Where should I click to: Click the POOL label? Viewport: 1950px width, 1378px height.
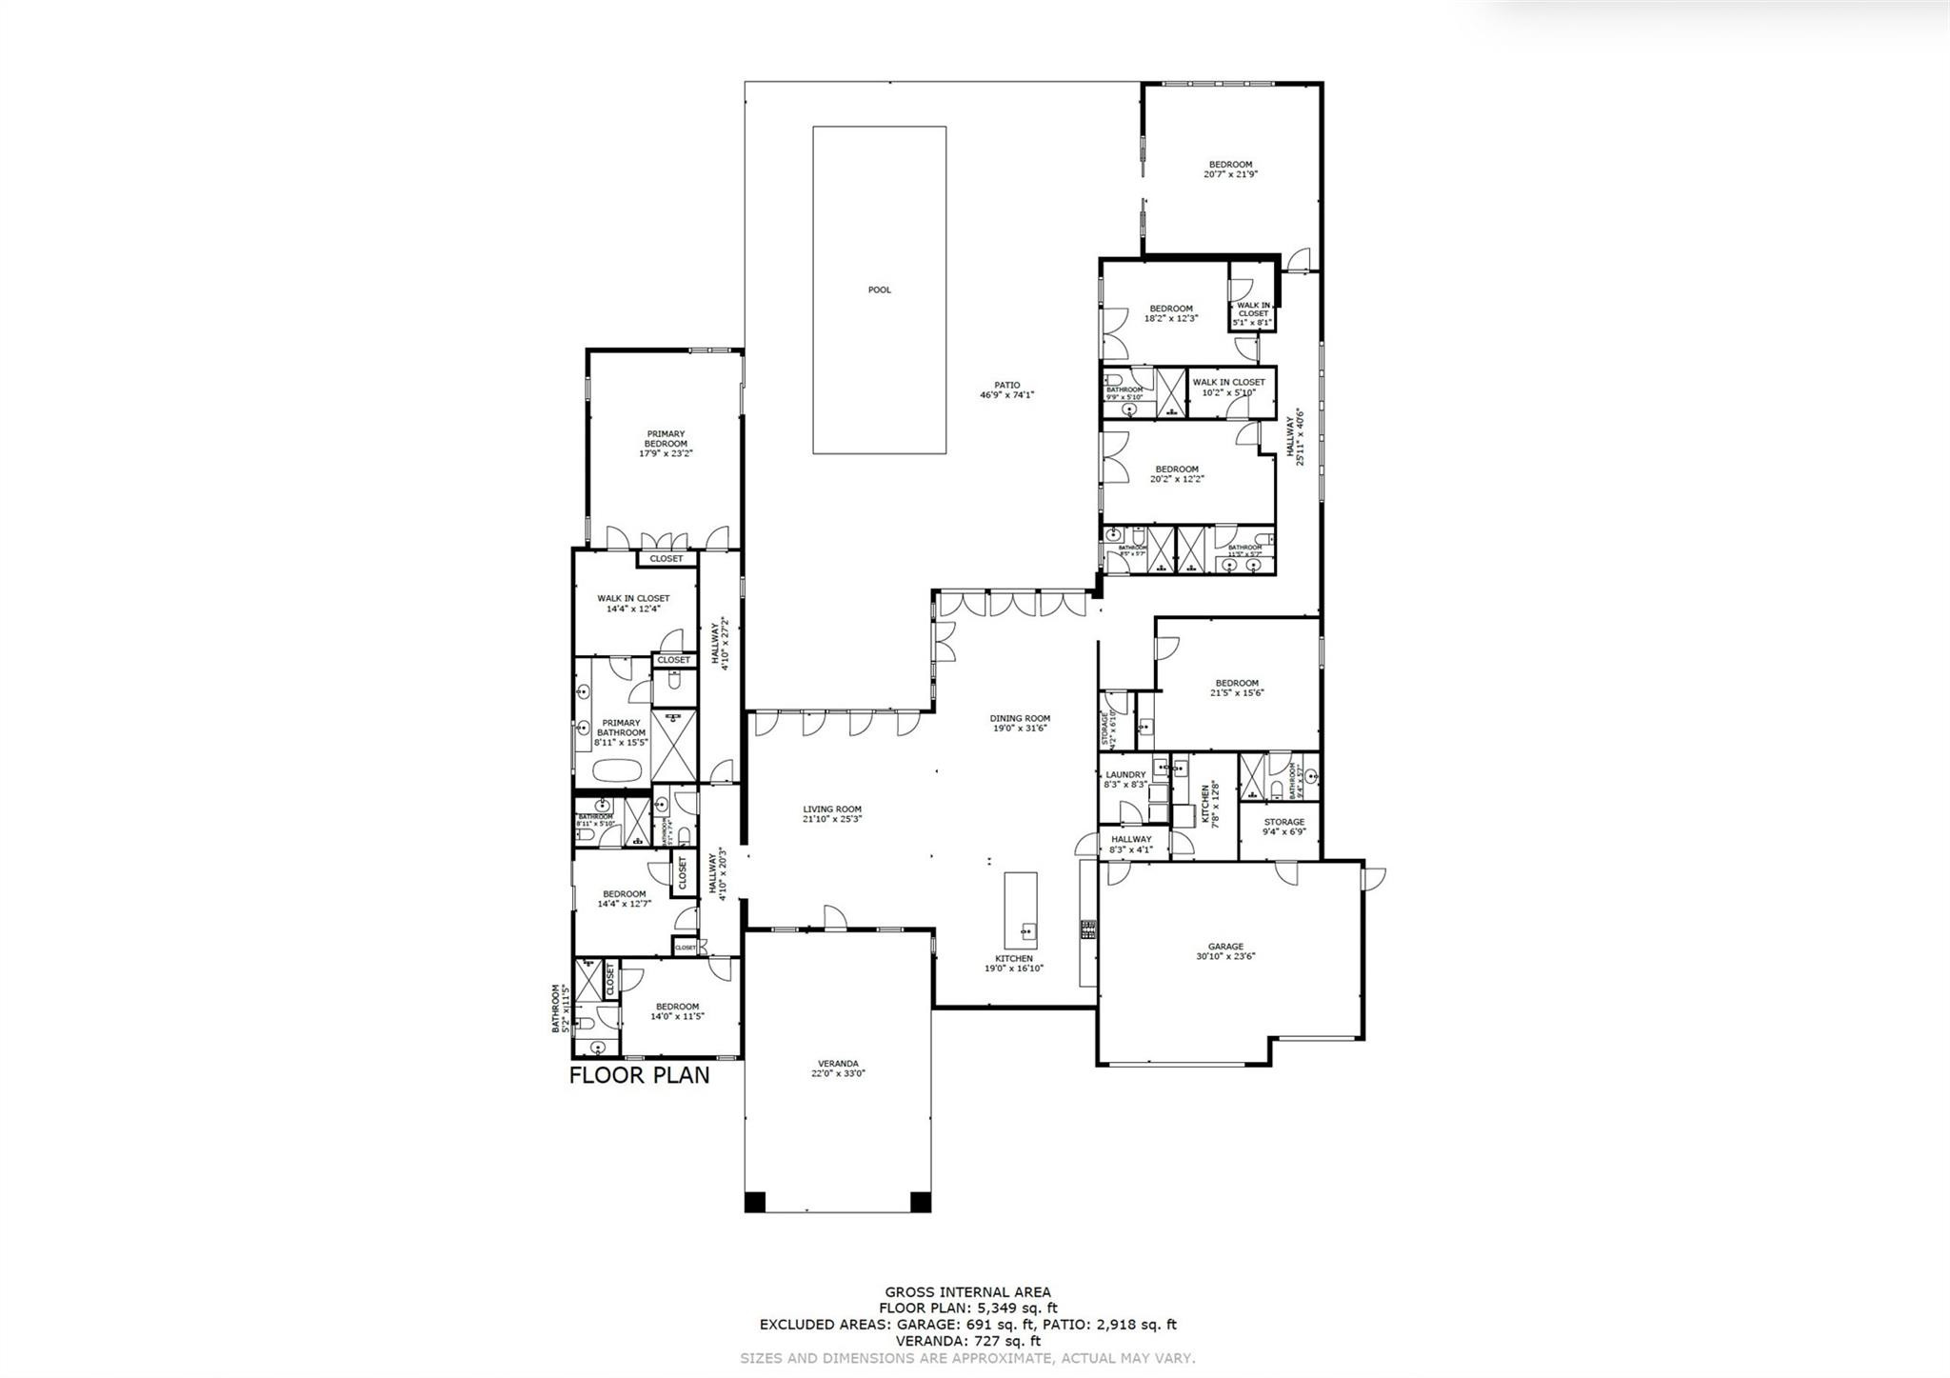click(x=879, y=290)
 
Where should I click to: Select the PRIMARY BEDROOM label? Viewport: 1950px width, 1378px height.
click(x=666, y=444)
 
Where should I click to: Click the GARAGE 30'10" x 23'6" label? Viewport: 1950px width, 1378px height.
click(x=1226, y=951)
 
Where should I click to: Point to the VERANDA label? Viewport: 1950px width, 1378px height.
click(x=838, y=1068)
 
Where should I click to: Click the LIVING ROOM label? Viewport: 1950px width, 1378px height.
click(x=831, y=813)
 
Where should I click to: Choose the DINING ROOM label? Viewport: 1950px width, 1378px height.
click(x=1020, y=723)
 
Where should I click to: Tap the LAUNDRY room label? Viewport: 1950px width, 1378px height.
click(x=1125, y=779)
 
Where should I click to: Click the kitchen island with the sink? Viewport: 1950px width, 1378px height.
click(x=1021, y=906)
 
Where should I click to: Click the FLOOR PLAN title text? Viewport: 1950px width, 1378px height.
click(x=639, y=1075)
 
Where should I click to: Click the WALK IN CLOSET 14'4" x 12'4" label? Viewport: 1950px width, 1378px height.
click(x=633, y=603)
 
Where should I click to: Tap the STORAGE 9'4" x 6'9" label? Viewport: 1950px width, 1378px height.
click(x=1283, y=826)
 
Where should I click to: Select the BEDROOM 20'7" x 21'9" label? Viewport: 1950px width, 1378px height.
click(x=1230, y=169)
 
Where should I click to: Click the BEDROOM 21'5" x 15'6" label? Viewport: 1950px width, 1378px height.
click(x=1236, y=688)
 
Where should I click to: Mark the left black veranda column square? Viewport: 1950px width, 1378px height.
click(x=753, y=1202)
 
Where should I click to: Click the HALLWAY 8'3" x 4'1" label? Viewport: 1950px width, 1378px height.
click(x=1131, y=844)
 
